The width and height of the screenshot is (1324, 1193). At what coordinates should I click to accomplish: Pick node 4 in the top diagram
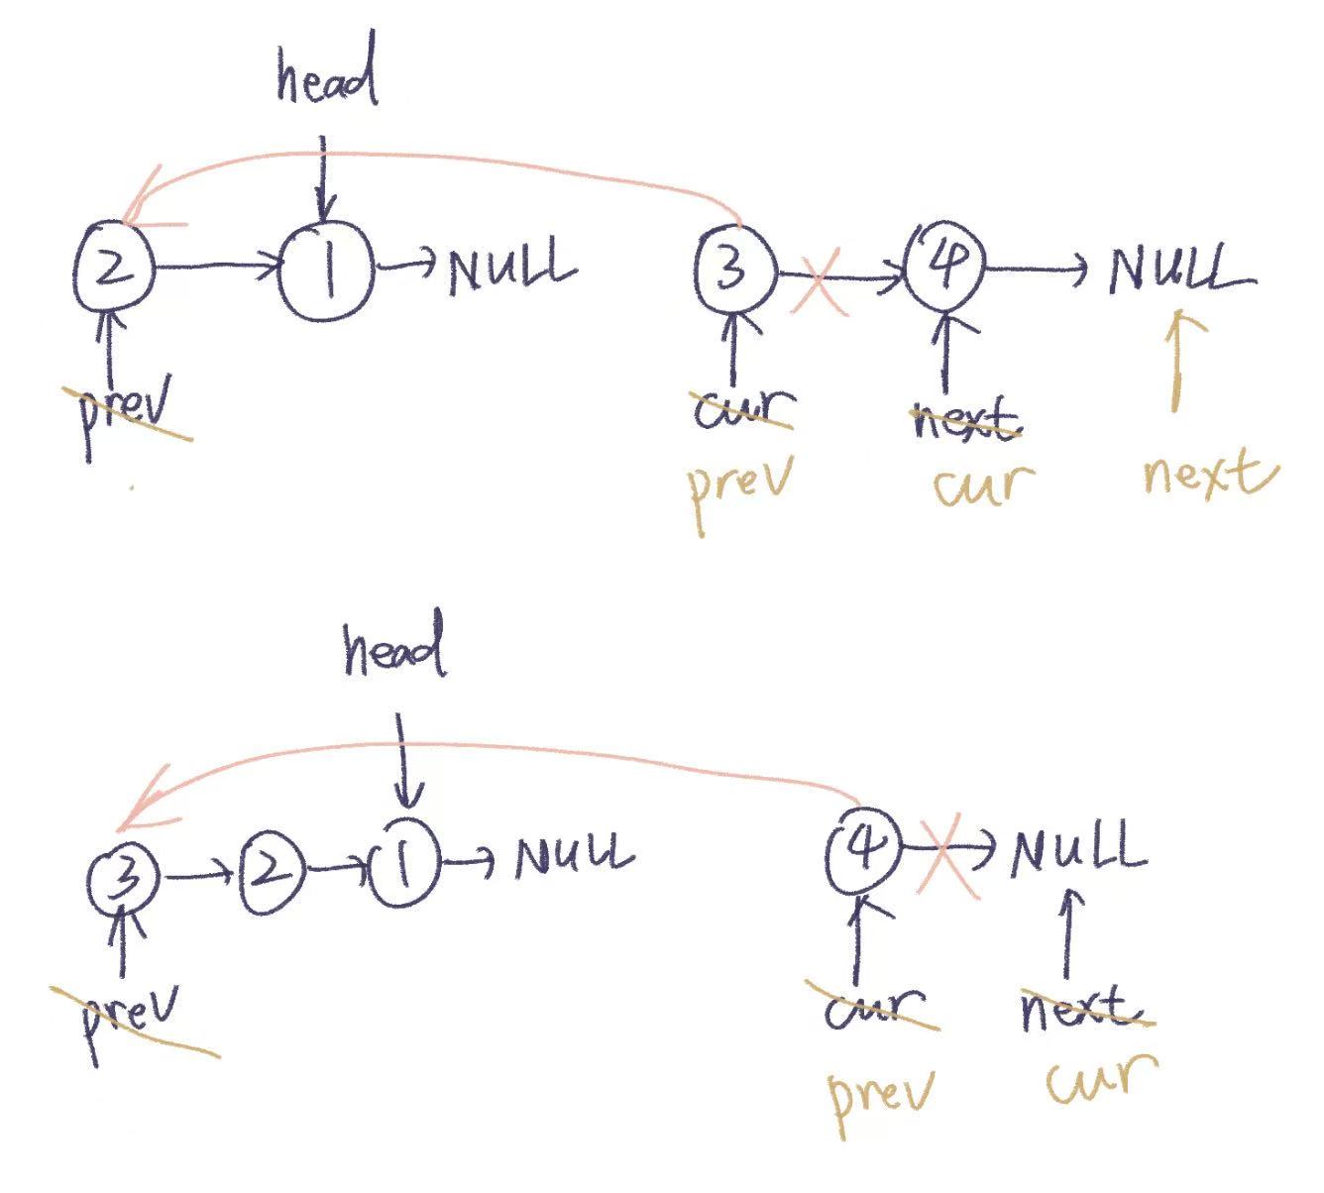coord(943,267)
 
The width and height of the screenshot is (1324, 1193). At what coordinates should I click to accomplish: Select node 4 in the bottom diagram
coord(863,848)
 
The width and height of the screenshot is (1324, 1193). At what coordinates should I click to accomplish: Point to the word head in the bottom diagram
coord(393,651)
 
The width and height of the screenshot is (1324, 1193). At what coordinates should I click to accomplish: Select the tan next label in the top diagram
coord(1208,474)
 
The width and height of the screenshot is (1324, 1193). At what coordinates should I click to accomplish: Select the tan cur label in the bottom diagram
coord(1101,1079)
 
